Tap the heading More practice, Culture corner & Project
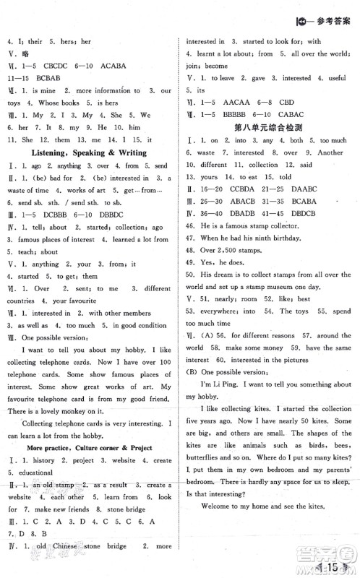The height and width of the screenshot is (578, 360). pyautogui.click(x=90, y=448)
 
